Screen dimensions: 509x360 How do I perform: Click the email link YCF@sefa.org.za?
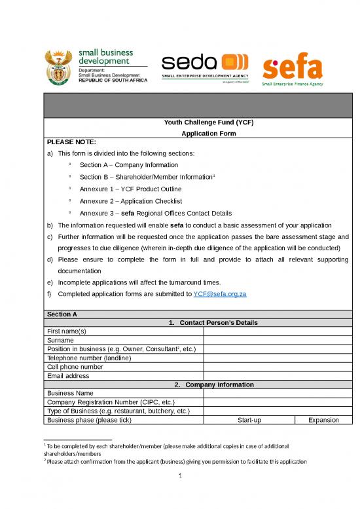220,294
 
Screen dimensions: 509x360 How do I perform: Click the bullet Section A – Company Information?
128,165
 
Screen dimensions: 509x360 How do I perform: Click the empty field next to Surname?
278,341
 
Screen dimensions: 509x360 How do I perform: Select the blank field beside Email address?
278,376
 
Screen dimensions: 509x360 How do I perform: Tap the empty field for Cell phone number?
278,367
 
